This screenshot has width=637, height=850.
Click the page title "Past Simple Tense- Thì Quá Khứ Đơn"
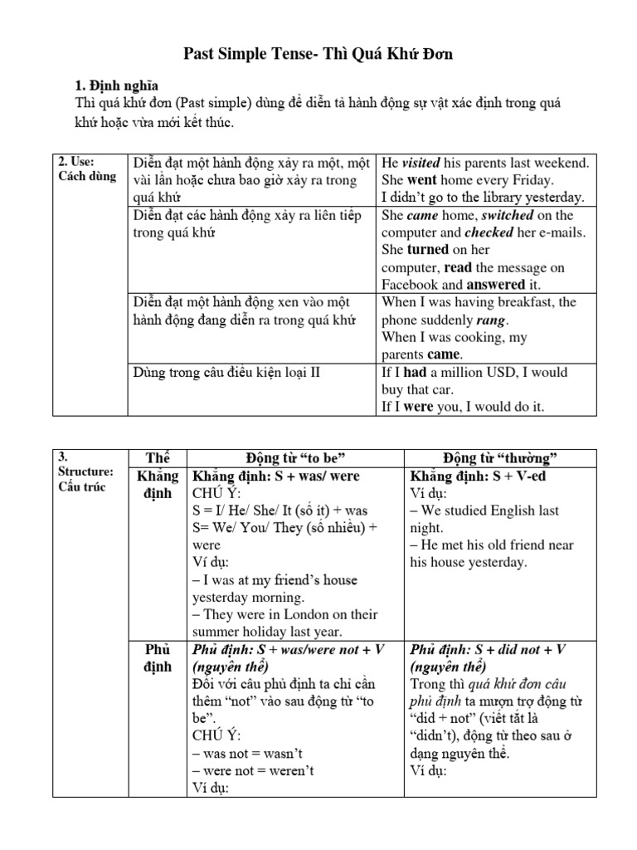[318, 55]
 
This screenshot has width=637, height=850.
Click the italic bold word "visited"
[421, 163]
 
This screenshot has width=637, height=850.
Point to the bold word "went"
[421, 180]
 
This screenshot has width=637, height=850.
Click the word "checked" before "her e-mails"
[489, 232]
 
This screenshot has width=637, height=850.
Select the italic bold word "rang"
[492, 320]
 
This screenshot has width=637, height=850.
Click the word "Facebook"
[411, 285]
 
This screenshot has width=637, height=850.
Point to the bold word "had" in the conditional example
[416, 372]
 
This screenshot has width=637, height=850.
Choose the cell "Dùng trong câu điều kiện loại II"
[226, 372]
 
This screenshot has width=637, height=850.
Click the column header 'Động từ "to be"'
[295, 459]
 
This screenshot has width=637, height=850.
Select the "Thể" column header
[157, 459]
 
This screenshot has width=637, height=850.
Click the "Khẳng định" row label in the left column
[157, 485]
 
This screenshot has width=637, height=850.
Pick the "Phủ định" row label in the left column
[157, 658]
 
